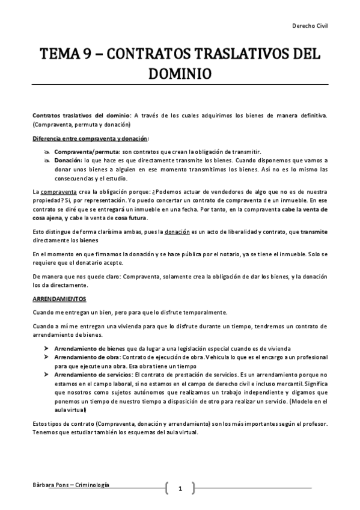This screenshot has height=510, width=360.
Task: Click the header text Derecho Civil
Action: [310, 26]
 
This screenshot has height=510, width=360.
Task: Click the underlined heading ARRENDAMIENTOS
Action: [59, 299]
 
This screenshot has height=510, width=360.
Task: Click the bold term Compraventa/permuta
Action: [87, 152]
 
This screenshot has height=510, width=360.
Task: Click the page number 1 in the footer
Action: [180, 489]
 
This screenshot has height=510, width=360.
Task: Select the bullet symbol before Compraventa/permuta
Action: [46, 152]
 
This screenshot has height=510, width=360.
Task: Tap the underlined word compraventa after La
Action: [56, 192]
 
